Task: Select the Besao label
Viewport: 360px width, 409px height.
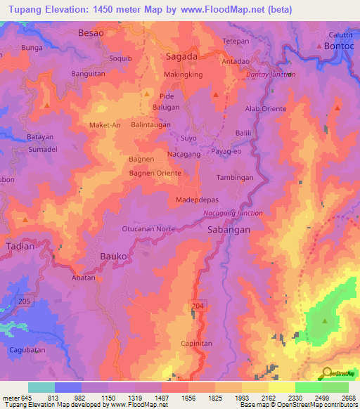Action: pyautogui.click(x=91, y=33)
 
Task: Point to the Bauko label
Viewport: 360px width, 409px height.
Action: pyautogui.click(x=113, y=257)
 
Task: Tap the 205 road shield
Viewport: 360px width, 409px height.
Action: pyautogui.click(x=26, y=301)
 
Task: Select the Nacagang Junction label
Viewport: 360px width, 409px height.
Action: pyautogui.click(x=233, y=213)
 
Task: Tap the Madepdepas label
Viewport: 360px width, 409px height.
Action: pyautogui.click(x=197, y=200)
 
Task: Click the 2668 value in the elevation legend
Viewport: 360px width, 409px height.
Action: pyautogui.click(x=349, y=398)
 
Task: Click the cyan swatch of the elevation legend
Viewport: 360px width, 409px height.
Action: pyautogui.click(x=41, y=387)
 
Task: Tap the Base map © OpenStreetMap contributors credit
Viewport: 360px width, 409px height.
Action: pyautogui.click(x=297, y=404)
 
